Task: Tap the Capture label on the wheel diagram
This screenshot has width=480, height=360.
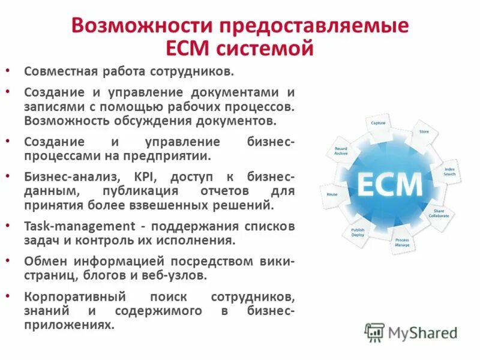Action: click(x=378, y=123)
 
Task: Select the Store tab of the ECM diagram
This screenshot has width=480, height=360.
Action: click(x=424, y=131)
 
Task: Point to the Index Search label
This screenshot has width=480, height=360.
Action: click(x=449, y=171)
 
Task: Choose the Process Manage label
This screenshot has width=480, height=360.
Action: click(x=402, y=242)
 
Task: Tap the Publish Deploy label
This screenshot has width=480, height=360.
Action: click(x=358, y=232)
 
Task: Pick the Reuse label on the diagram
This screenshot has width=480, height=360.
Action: click(x=332, y=194)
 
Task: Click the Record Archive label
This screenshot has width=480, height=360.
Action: click(x=341, y=151)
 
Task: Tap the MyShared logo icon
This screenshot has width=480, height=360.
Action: click(x=375, y=332)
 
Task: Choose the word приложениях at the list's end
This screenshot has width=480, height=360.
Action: click(x=69, y=324)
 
